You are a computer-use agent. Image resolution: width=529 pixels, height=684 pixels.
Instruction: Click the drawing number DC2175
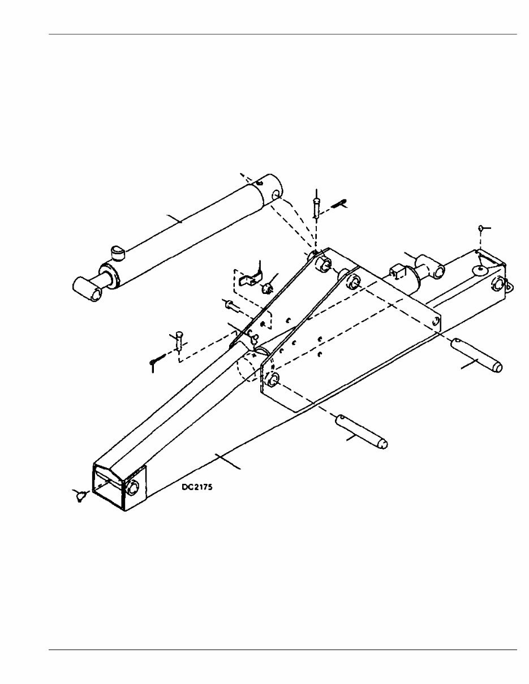tap(196, 486)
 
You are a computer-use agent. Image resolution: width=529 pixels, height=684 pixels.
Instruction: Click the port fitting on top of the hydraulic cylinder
tap(117, 250)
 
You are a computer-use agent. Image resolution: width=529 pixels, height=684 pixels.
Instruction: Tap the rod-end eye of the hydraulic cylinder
tap(88, 287)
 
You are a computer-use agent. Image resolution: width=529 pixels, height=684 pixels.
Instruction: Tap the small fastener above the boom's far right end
tap(481, 228)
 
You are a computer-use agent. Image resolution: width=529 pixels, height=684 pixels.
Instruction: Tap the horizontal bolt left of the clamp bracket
tap(232, 306)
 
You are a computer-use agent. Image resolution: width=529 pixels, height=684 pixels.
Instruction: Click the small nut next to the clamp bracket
tap(266, 288)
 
